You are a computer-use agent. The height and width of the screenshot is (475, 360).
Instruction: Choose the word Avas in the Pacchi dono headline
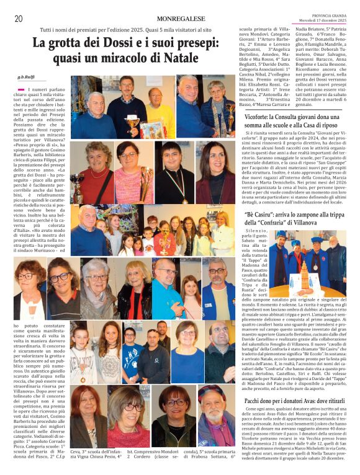point(301,402)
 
